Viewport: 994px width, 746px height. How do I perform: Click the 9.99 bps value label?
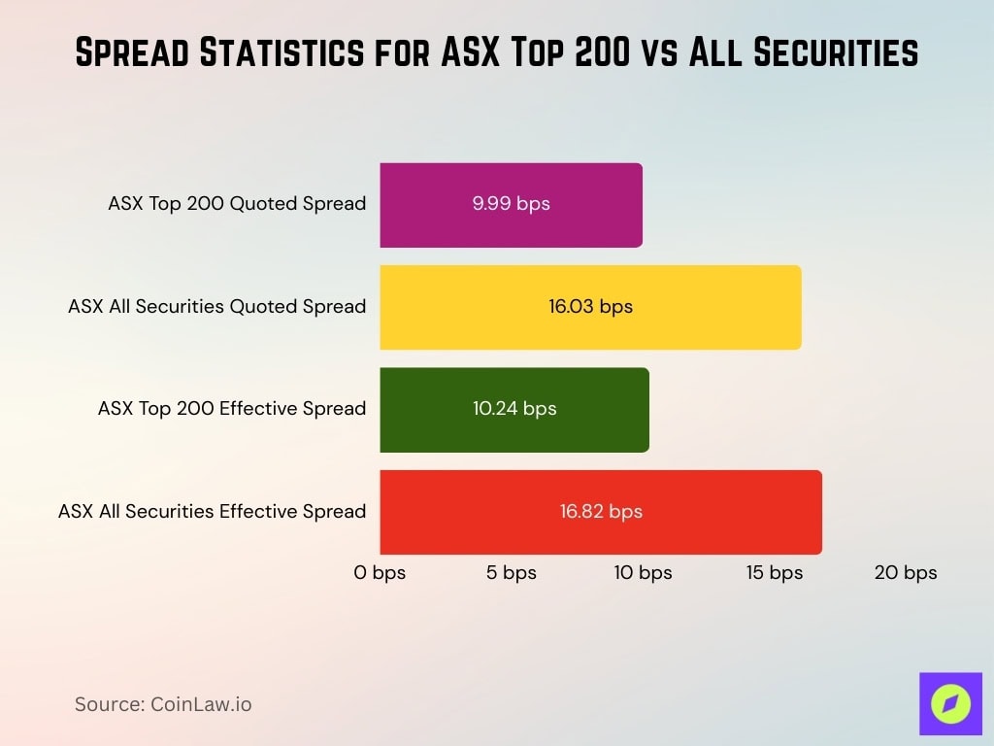(511, 205)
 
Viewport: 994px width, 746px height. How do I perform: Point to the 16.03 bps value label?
(590, 307)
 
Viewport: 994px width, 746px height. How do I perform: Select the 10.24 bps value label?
(514, 409)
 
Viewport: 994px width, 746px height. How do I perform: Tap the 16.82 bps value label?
(601, 512)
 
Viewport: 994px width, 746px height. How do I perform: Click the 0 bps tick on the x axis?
(380, 573)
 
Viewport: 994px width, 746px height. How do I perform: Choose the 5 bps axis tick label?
(512, 573)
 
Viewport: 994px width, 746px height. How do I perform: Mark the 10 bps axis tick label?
(643, 573)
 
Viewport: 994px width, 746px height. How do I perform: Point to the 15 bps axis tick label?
(775, 573)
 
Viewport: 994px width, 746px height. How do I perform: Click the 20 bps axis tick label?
(906, 573)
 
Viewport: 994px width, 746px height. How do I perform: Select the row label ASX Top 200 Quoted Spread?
(237, 204)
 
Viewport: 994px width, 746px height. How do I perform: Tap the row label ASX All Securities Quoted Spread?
(216, 307)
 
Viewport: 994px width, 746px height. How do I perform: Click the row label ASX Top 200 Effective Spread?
(232, 409)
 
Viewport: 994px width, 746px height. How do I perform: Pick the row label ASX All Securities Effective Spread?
(212, 512)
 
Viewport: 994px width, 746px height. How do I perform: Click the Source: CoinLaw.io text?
(163, 704)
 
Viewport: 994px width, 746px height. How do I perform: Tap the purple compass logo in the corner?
(950, 703)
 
